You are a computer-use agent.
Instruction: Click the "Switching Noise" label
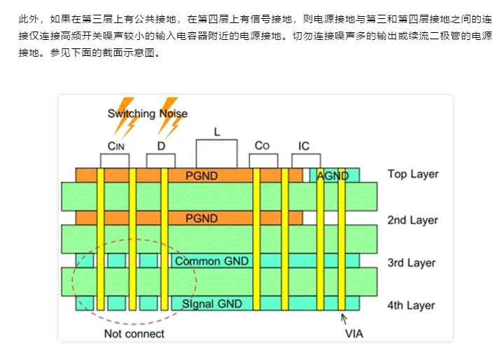click(147, 113)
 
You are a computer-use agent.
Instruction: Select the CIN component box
click(115, 160)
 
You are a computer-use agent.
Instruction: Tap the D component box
click(161, 160)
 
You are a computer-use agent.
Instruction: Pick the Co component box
click(262, 160)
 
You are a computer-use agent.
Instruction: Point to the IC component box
click(303, 160)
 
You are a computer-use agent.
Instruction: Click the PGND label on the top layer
click(202, 174)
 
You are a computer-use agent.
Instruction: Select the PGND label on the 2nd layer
click(202, 219)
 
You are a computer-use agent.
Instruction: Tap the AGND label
click(333, 176)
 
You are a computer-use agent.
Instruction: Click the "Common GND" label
click(211, 261)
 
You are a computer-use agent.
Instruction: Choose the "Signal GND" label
click(211, 303)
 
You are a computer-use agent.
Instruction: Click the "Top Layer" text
click(412, 174)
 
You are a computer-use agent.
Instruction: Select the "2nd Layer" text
click(412, 220)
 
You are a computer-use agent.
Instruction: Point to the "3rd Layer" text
click(412, 263)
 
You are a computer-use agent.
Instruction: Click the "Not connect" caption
click(134, 333)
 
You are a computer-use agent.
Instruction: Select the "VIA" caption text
click(354, 333)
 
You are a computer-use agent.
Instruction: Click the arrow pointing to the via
click(344, 319)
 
